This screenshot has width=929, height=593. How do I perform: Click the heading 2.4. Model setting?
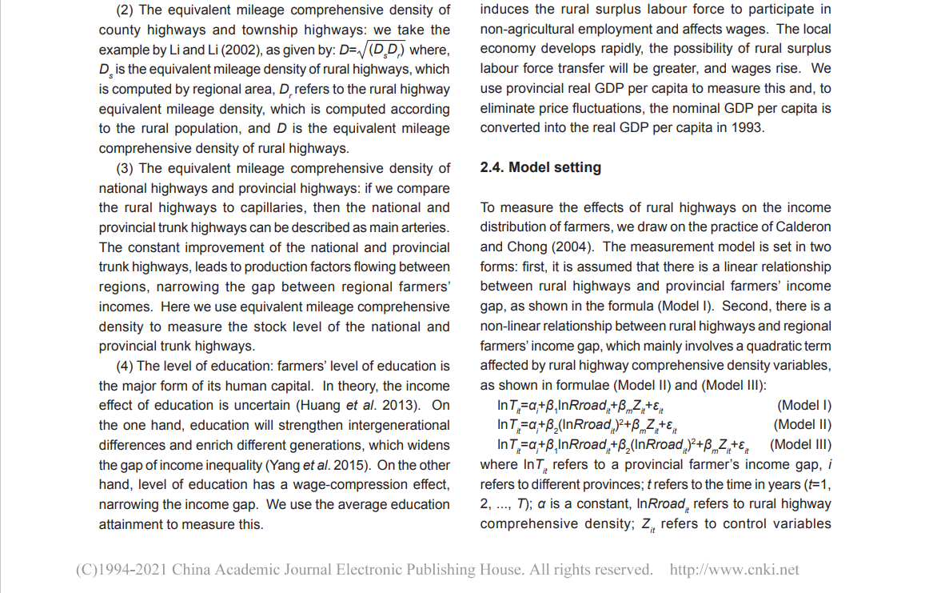[540, 167]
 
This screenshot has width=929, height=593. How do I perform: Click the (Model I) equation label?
[803, 405]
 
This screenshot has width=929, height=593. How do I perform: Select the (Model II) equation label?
[802, 424]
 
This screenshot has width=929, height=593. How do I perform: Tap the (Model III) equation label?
[800, 444]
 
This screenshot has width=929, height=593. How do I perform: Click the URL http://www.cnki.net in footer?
[734, 570]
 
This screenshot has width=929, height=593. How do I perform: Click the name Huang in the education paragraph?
[318, 406]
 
